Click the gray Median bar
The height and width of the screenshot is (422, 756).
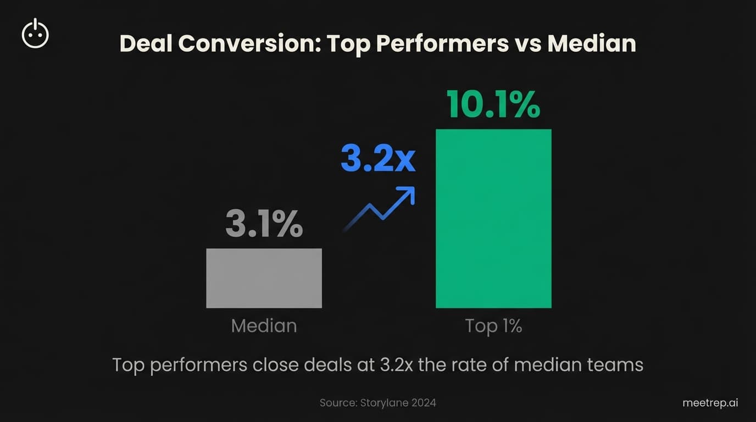[264, 278]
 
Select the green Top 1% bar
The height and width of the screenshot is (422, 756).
[493, 218]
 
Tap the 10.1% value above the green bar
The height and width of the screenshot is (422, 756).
[493, 104]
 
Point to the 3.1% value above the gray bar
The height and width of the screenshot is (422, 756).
[264, 223]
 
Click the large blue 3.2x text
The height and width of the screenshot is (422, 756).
[378, 159]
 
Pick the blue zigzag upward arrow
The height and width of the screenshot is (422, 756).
[379, 209]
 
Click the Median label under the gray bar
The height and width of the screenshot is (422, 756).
[264, 326]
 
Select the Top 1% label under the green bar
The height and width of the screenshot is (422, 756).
[493, 326]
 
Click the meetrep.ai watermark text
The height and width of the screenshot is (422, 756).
[710, 403]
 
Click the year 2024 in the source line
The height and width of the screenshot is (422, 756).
[423, 403]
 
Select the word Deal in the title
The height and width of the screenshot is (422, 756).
[146, 44]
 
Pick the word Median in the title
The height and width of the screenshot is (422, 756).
[592, 44]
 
